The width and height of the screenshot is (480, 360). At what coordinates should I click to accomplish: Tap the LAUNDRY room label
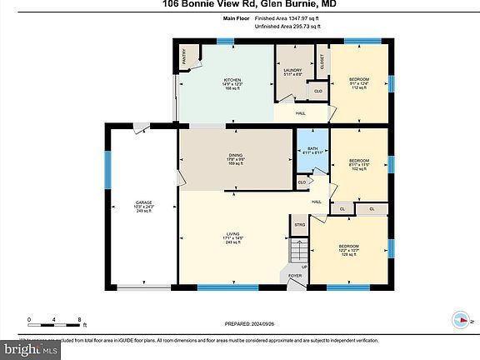pos(292,70)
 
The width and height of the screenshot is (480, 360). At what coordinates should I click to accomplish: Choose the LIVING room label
pos(233,233)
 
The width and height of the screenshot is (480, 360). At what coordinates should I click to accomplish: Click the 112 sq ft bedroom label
pos(359,83)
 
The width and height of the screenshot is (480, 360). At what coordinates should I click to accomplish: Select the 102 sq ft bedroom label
pos(358,163)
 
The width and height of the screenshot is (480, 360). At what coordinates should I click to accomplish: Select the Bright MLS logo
pos(30,348)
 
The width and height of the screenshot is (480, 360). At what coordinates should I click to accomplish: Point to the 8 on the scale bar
pos(78,319)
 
